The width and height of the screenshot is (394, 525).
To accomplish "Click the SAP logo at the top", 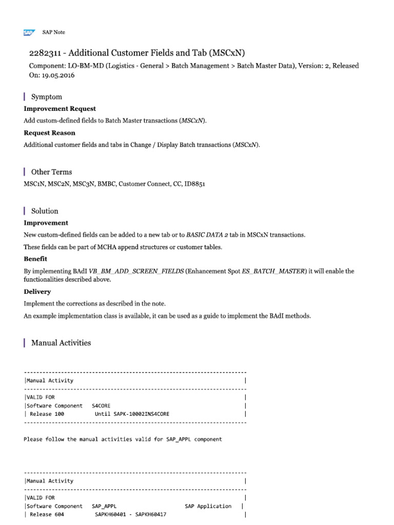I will pos(28,32).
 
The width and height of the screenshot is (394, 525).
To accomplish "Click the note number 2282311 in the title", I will pos(47,53).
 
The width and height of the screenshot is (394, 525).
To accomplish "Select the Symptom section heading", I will pos(47,97).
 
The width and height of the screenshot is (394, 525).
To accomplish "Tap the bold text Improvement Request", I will pos(60,109).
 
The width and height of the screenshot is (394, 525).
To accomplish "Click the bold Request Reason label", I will pos(49,133).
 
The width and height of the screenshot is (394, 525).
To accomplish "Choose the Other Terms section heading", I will pos(51,172).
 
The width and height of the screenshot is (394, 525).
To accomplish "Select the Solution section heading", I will pos(45,211).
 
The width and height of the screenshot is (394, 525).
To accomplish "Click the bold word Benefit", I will pos(35,259).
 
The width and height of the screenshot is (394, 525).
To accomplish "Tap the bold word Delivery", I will pos(37,292).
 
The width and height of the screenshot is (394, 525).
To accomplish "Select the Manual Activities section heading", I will pos(61,342).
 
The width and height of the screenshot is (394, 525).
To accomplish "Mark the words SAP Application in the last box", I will pos(208,506).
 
